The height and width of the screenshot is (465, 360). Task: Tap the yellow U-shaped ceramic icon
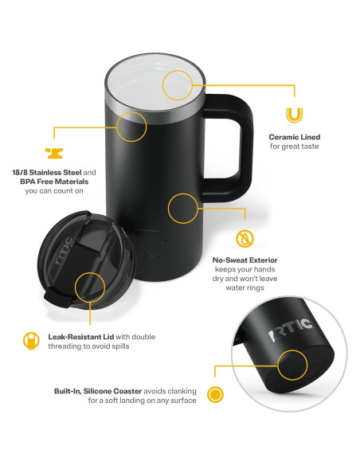coord(294,115)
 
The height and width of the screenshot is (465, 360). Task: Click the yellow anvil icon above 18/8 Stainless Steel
coord(53,152)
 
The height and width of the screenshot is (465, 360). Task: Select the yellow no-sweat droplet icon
coord(245,237)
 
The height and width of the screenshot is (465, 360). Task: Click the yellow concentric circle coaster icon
coord(214,394)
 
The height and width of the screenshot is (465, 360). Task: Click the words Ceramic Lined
coord(294,137)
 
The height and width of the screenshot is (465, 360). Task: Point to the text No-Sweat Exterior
coord(245,260)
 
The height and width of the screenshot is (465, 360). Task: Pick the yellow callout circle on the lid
coord(89,287)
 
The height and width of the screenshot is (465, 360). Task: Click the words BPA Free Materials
coord(53,182)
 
